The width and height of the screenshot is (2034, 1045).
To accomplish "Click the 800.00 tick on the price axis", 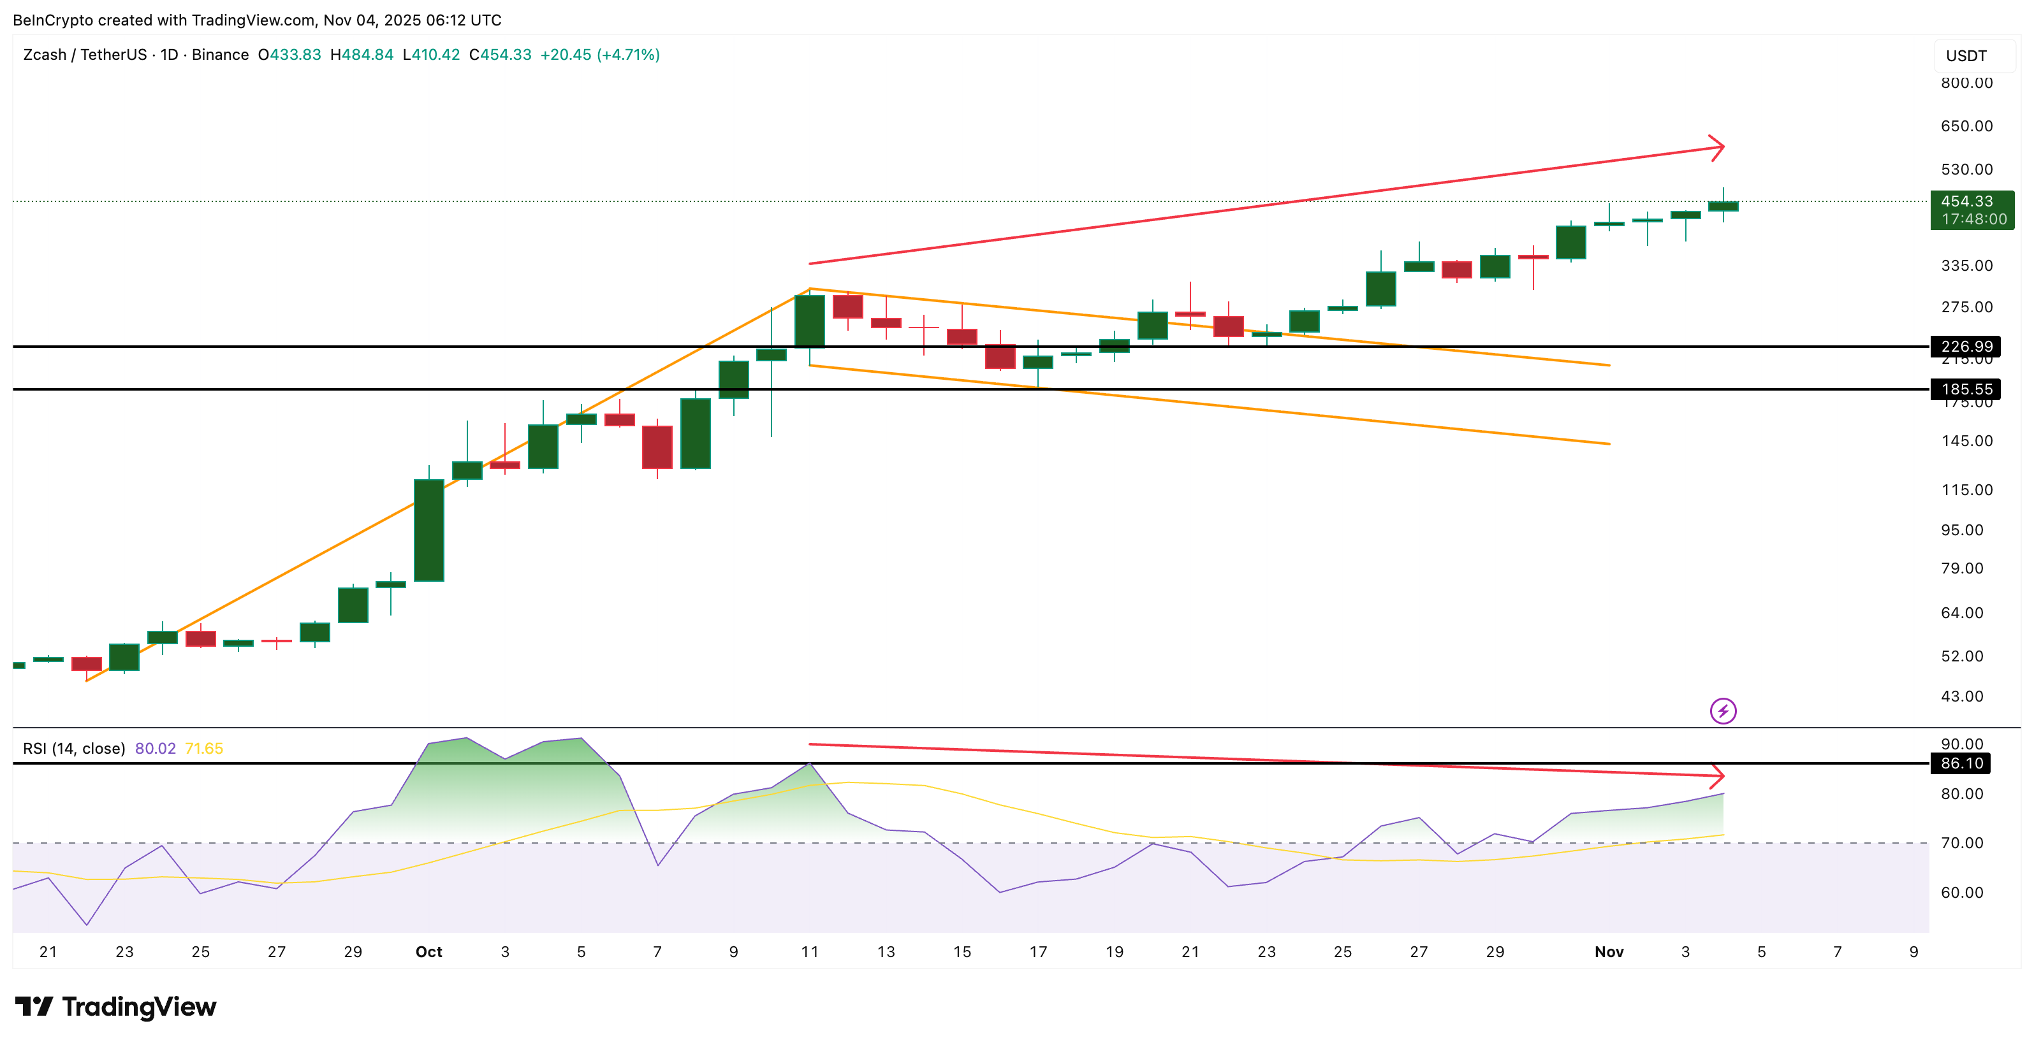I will point(1966,83).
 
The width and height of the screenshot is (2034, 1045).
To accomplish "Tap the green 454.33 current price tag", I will point(1971,210).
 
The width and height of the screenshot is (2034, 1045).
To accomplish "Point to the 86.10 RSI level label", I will point(1961,763).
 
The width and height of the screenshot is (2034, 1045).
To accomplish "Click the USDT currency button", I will point(1966,56).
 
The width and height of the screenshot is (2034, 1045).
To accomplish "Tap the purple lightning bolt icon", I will point(1723,711).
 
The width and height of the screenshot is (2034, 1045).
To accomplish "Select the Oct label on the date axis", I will point(428,952).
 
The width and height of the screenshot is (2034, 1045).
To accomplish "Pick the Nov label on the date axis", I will point(1609,952).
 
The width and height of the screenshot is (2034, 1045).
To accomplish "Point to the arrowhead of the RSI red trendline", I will point(1718,776).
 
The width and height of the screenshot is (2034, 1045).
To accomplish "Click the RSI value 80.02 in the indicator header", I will point(156,748).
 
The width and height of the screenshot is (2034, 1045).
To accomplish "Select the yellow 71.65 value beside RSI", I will point(203,748).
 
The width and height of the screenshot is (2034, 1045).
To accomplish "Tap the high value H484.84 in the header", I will point(362,54).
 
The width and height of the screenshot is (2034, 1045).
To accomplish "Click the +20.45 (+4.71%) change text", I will point(599,54).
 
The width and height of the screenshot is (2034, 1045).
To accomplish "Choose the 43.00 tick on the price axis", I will point(1961,696).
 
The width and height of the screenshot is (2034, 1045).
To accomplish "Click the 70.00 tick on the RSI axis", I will point(1961,843).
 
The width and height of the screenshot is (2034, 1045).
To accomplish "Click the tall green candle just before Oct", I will point(428,530).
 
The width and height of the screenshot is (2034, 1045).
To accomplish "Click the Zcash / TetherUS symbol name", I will point(85,54).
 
